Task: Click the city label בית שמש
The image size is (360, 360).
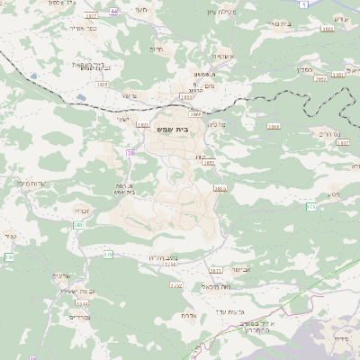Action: tap(179, 129)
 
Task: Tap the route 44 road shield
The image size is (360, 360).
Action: tap(113, 12)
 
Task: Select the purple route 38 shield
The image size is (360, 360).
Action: tap(130, 154)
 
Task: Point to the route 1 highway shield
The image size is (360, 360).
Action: tap(305, 4)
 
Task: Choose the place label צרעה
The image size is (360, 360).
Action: tap(128, 94)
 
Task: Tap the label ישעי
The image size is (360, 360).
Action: tap(121, 119)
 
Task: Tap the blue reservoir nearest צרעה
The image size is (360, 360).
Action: tap(82, 96)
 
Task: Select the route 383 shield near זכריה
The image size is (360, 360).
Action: tap(78, 225)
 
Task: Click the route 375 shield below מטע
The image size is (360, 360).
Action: tap(311, 207)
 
